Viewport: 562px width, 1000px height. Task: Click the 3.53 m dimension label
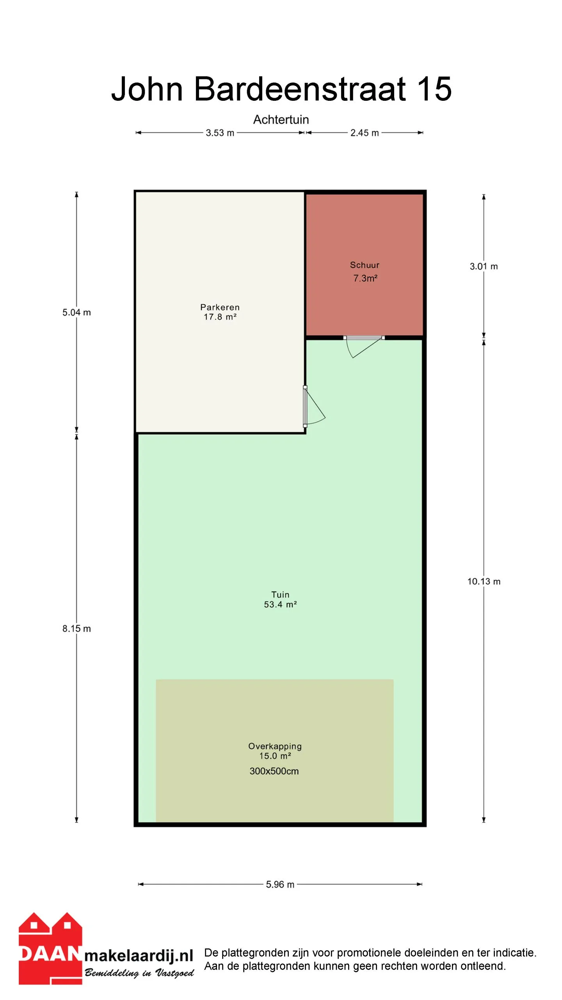220,133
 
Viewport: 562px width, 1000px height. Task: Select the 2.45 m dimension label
365,133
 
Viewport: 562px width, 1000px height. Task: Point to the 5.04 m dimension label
76,312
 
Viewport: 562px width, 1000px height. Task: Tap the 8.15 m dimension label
76,629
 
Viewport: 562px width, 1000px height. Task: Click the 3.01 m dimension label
484,266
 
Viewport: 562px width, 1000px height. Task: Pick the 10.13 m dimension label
484,581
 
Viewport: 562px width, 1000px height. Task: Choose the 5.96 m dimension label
280,884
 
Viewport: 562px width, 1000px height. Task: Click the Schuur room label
365,265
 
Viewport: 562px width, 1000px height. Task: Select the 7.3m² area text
365,278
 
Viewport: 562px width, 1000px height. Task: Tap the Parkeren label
220,307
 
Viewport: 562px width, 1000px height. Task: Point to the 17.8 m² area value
220,317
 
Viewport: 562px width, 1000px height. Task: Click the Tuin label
280,595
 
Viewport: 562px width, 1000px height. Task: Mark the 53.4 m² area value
280,604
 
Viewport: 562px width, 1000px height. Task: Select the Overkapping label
275,746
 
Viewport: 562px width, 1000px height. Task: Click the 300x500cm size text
274,771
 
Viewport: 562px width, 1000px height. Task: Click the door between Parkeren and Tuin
314,406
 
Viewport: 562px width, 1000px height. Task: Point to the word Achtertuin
281,120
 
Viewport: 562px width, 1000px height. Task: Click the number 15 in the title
434,89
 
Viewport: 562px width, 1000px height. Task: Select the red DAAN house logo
50,948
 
